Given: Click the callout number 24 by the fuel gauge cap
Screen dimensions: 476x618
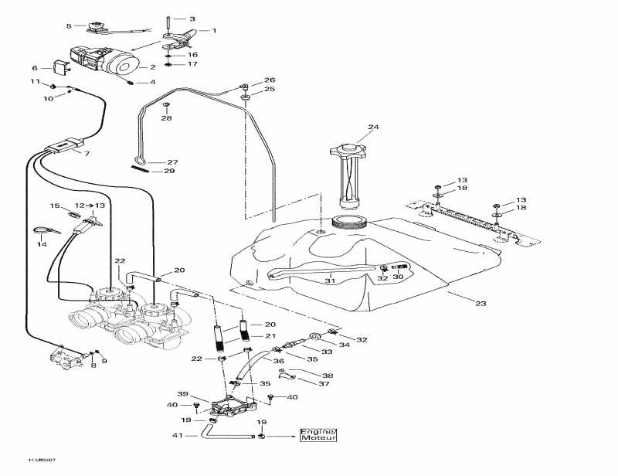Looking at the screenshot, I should coord(374,127).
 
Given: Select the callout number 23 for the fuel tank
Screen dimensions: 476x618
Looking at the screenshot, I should coord(481,304).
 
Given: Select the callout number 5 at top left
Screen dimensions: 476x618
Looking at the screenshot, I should coord(69,26).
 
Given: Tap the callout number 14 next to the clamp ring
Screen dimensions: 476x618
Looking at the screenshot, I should coord(42,244).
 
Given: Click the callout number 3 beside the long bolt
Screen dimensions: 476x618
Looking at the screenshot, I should coord(192,18).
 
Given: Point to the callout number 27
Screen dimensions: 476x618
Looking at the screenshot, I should coord(172,162).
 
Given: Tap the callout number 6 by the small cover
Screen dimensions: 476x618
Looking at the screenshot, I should coord(35,68).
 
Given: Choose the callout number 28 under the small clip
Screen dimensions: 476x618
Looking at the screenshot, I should coord(167,118).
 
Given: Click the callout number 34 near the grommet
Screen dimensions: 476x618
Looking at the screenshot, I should coord(344,345).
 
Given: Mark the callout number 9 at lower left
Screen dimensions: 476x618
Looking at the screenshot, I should coord(104,361).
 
